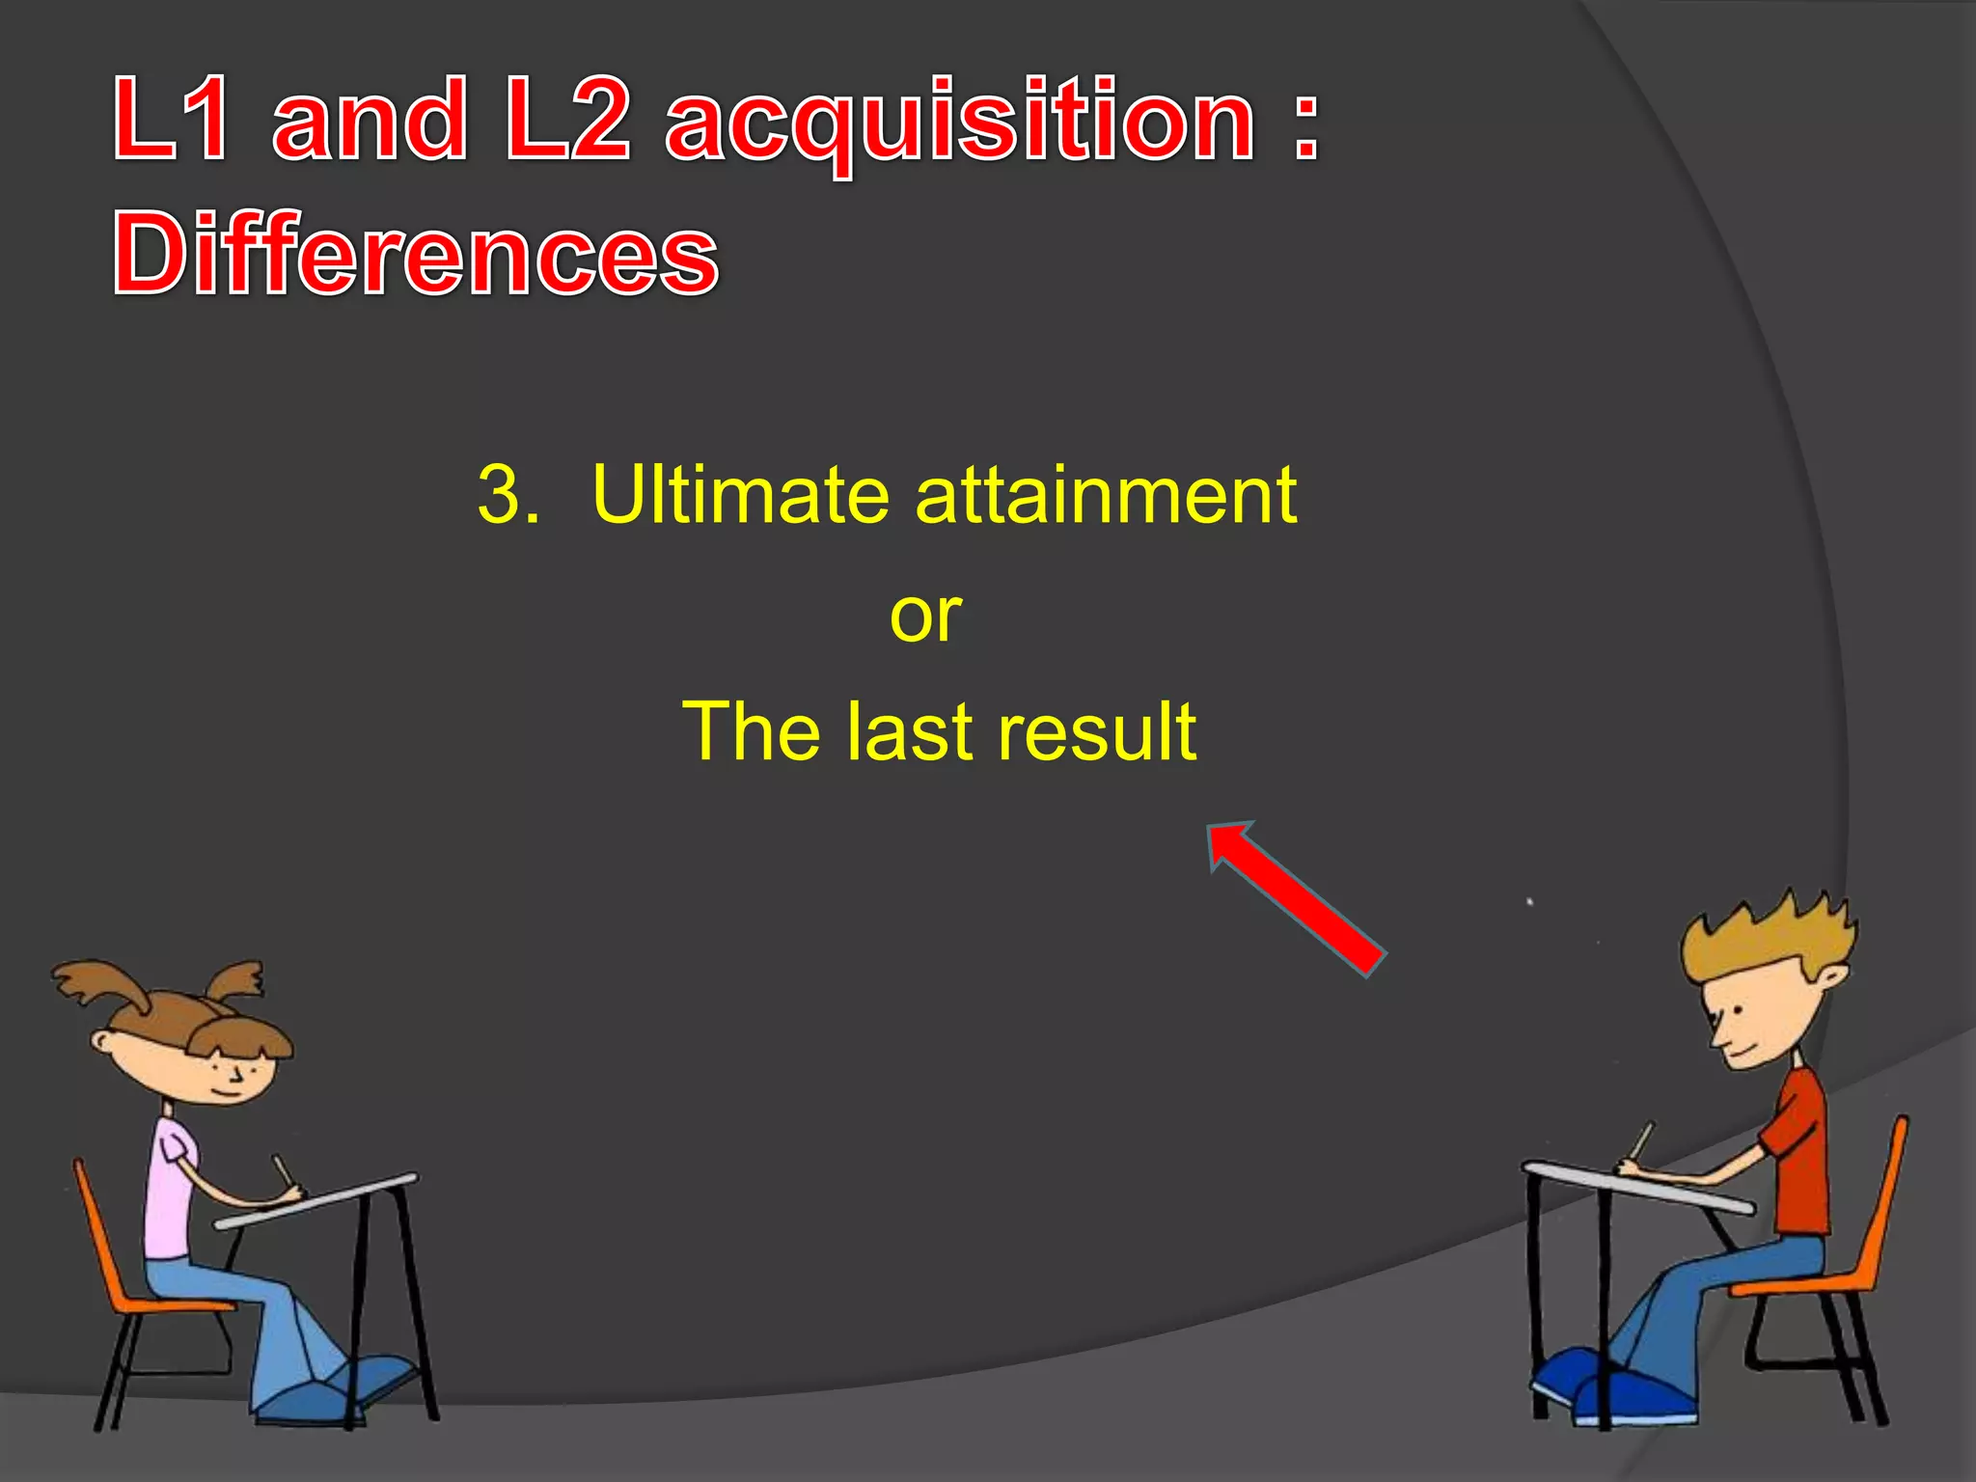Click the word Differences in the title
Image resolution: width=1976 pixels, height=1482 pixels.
[416, 254]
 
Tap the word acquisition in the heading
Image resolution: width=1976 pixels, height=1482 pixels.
[960, 123]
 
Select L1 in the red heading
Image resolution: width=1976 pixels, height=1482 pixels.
[172, 120]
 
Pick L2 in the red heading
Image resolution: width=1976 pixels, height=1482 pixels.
[567, 120]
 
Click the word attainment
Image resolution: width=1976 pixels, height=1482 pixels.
[1106, 495]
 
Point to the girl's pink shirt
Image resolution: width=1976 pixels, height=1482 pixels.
[172, 1187]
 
